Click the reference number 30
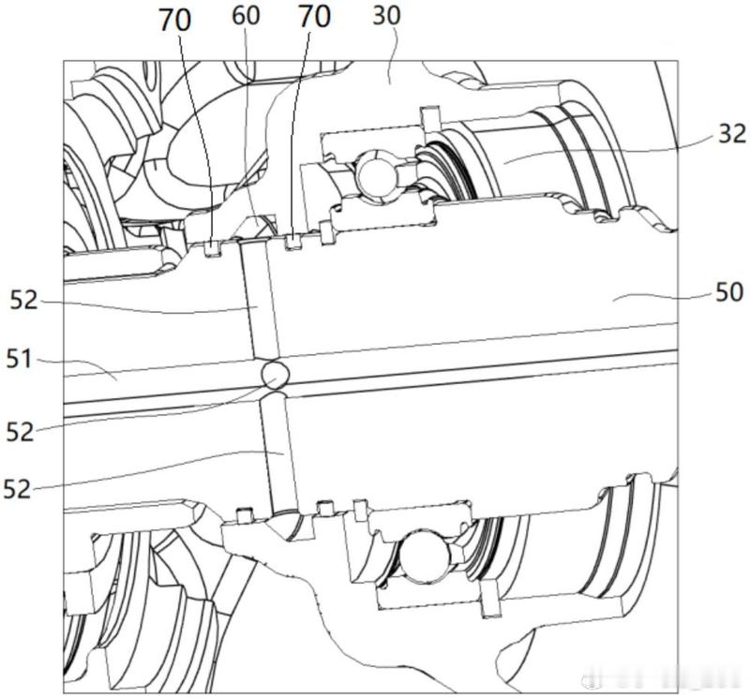tap(386, 16)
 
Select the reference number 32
tap(732, 133)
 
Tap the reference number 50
tap(729, 291)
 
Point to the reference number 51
tap(19, 359)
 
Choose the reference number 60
tap(246, 15)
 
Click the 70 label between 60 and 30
tap(314, 17)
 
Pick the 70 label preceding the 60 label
tap(175, 21)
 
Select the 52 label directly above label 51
tap(23, 301)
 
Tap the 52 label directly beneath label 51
tap(20, 432)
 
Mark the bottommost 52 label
tap(17, 489)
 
